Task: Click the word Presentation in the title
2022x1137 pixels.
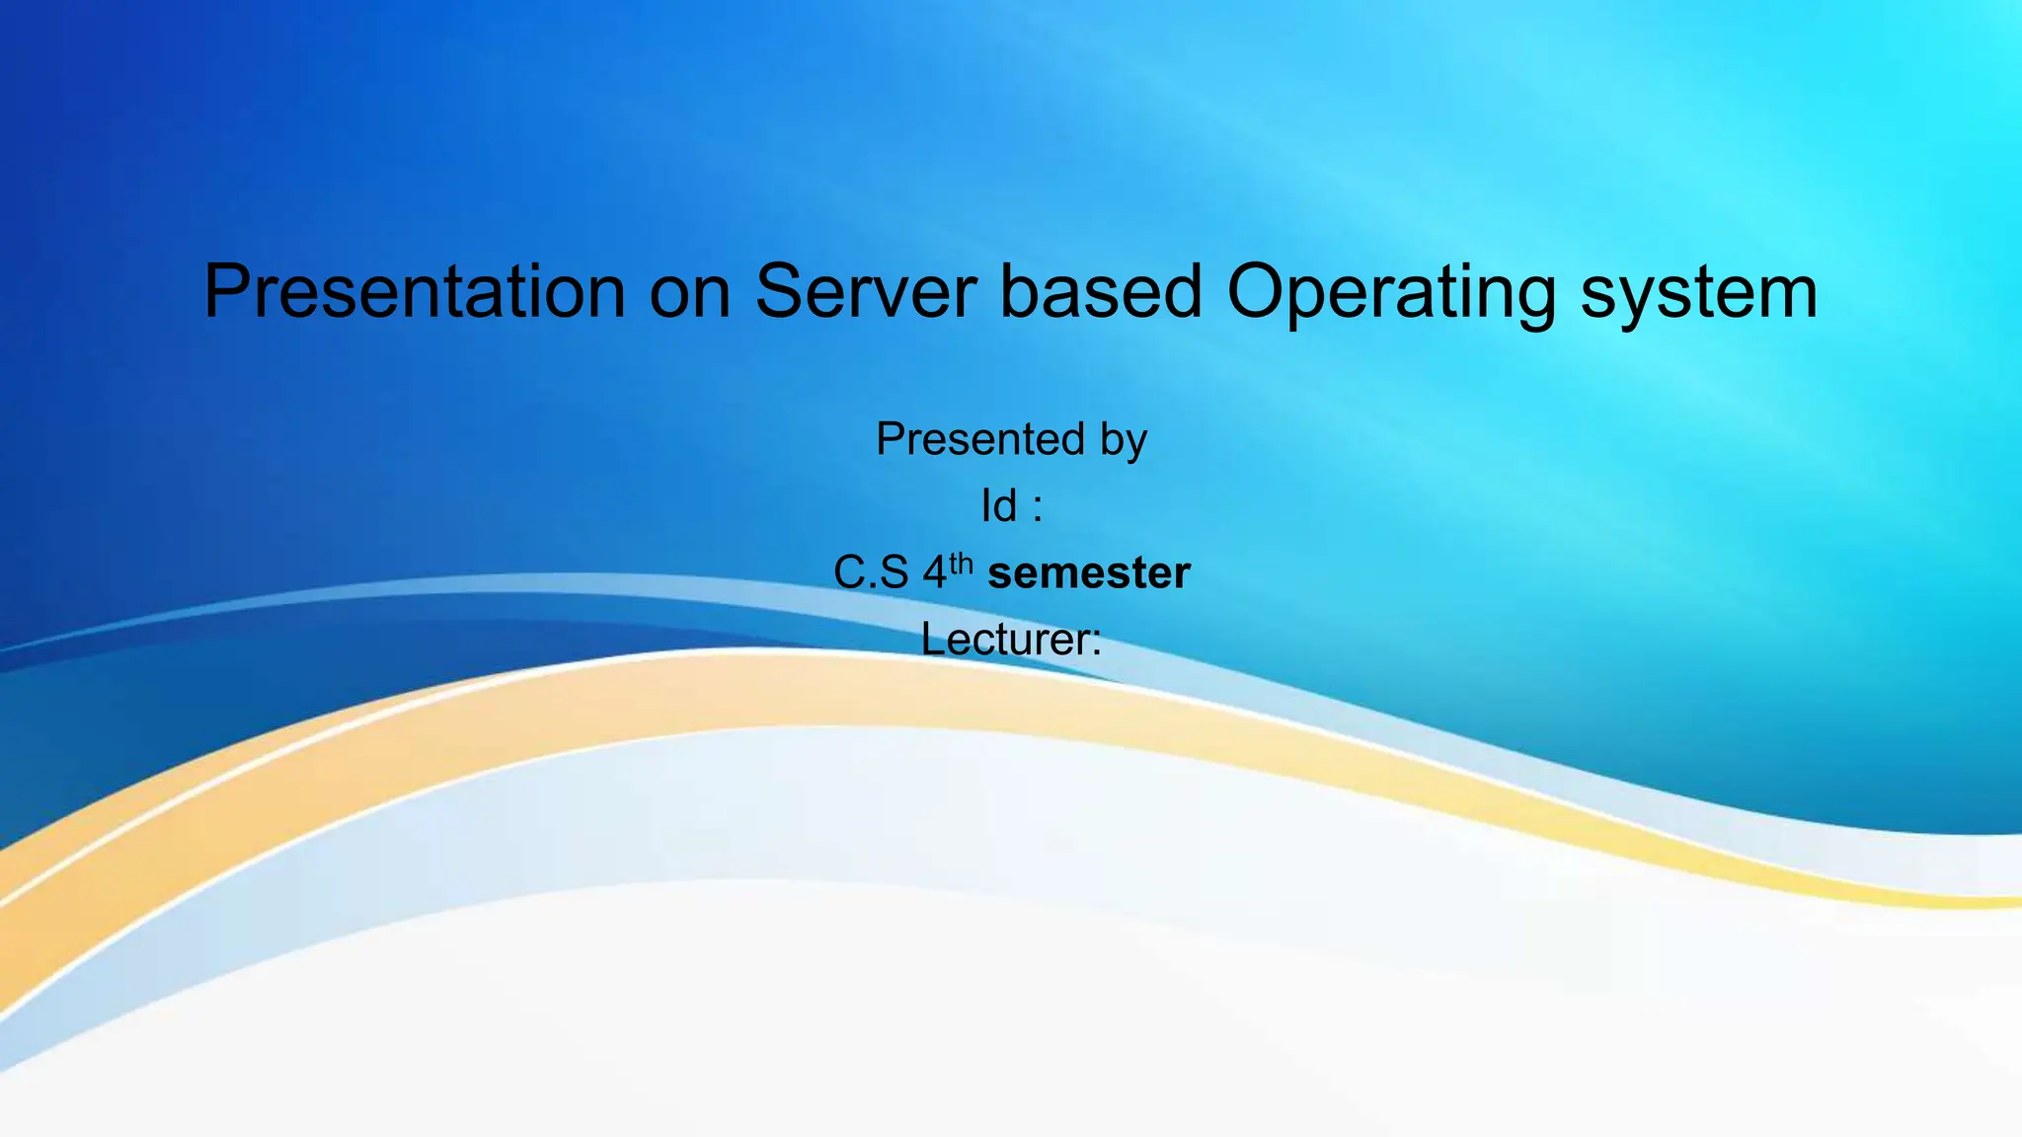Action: tap(415, 291)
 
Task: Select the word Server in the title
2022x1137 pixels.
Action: tap(865, 291)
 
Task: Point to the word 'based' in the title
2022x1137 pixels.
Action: tap(1101, 291)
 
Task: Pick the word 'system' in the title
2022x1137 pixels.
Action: tap(1698, 293)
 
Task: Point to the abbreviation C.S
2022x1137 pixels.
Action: tap(870, 572)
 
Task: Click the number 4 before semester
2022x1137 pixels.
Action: tap(934, 573)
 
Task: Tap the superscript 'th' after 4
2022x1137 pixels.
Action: tap(961, 565)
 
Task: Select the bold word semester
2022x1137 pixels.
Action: tap(1089, 573)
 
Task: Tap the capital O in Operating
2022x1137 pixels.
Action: tap(1259, 291)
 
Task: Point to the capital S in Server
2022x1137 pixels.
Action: tap(781, 291)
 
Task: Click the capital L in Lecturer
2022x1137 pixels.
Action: tap(932, 638)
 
